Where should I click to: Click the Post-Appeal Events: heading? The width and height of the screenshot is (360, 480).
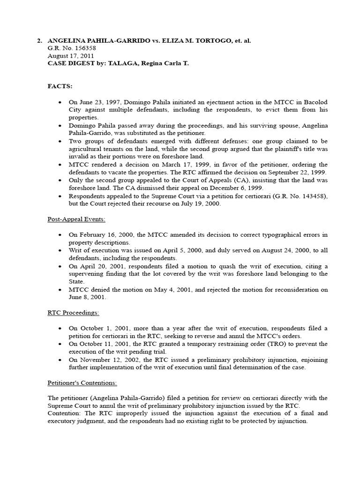(x=72, y=219)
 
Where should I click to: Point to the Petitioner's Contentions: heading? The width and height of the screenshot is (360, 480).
(x=82, y=382)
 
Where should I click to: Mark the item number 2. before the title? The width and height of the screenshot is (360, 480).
(x=40, y=41)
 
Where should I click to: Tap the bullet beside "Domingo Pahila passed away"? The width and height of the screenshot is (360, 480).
(x=60, y=126)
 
